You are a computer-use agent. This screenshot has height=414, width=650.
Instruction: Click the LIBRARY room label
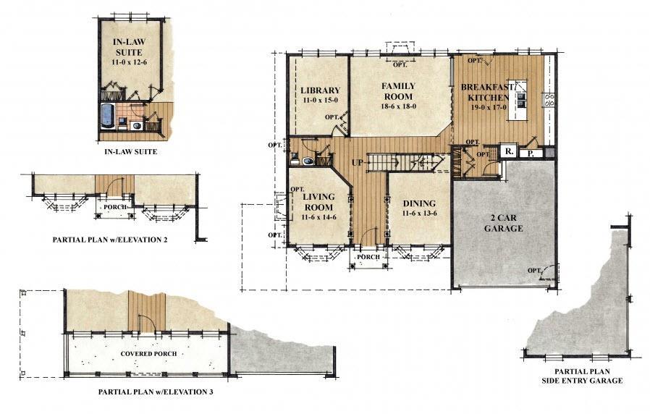(320, 90)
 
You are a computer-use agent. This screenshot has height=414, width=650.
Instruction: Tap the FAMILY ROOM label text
(397, 90)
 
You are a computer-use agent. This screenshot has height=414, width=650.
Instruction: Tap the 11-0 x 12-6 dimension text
(127, 64)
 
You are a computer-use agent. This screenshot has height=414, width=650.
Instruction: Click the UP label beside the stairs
(357, 162)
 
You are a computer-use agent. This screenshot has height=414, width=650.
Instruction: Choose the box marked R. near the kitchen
(509, 153)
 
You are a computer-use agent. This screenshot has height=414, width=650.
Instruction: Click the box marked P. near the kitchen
(529, 153)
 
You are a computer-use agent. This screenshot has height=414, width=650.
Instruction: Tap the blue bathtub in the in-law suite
(106, 116)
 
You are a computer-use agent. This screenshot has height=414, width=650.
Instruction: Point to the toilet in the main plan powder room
(307, 161)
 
